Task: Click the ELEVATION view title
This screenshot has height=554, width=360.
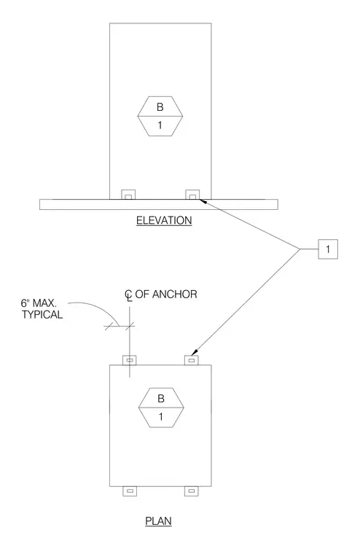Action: coord(164,220)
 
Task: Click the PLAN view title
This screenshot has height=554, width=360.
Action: coord(158,521)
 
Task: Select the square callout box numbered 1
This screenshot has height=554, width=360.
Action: coord(328,249)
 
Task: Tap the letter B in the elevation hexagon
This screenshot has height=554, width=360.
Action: coord(160,107)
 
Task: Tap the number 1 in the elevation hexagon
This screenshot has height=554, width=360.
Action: coord(160,125)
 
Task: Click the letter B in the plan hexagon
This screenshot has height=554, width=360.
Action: coord(161,399)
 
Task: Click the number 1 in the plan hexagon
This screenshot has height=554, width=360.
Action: coord(161,417)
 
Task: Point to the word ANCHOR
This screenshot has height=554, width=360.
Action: coord(174,294)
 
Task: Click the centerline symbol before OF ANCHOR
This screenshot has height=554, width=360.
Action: coord(128,296)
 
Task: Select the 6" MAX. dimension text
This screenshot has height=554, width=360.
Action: coord(39,303)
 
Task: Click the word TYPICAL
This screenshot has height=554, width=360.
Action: coord(42,314)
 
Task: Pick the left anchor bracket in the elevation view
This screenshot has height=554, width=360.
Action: coord(128,195)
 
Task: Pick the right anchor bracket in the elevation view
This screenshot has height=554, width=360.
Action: coord(192,195)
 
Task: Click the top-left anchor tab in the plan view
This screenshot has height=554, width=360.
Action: coord(130,360)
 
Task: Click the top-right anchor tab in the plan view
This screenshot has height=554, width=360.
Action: coord(192,360)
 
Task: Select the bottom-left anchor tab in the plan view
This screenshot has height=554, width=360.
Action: coord(130,491)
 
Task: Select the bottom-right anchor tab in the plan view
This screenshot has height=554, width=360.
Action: coord(192,491)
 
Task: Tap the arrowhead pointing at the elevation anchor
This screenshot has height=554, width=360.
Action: coord(203,201)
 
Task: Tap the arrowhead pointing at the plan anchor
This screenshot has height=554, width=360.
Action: coord(194,353)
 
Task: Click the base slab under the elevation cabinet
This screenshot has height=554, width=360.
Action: coord(159,205)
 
